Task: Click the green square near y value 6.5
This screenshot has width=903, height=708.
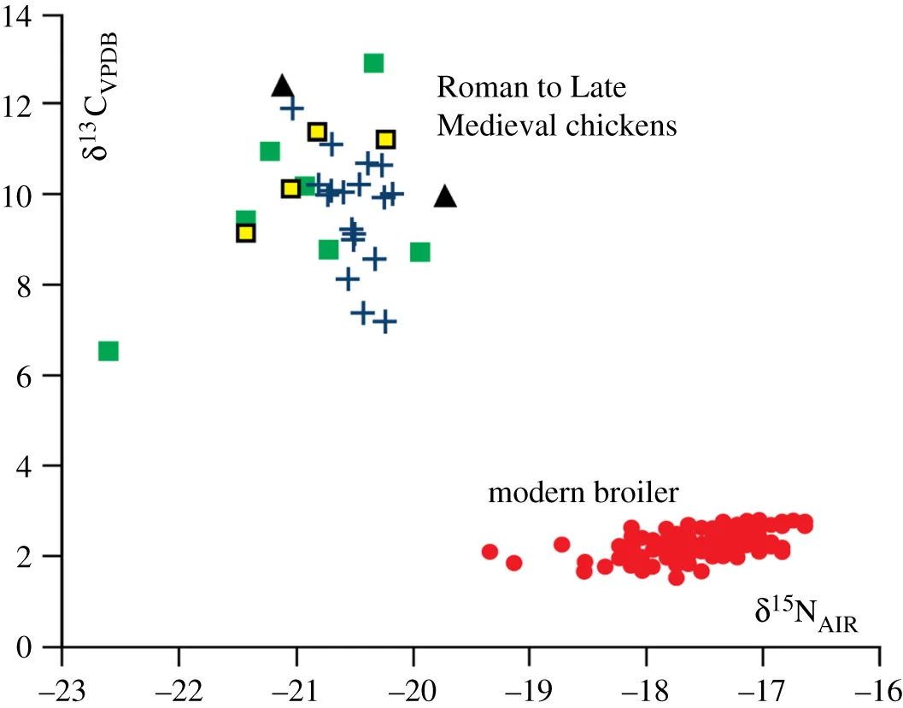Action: (108, 351)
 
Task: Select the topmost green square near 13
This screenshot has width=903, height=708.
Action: (373, 63)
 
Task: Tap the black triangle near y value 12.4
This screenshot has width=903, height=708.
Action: (283, 85)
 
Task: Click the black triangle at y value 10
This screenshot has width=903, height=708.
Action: (445, 197)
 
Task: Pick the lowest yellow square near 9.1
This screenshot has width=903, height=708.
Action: (246, 233)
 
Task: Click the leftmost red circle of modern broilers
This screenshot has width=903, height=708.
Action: (490, 552)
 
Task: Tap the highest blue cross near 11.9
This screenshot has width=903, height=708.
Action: (292, 109)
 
